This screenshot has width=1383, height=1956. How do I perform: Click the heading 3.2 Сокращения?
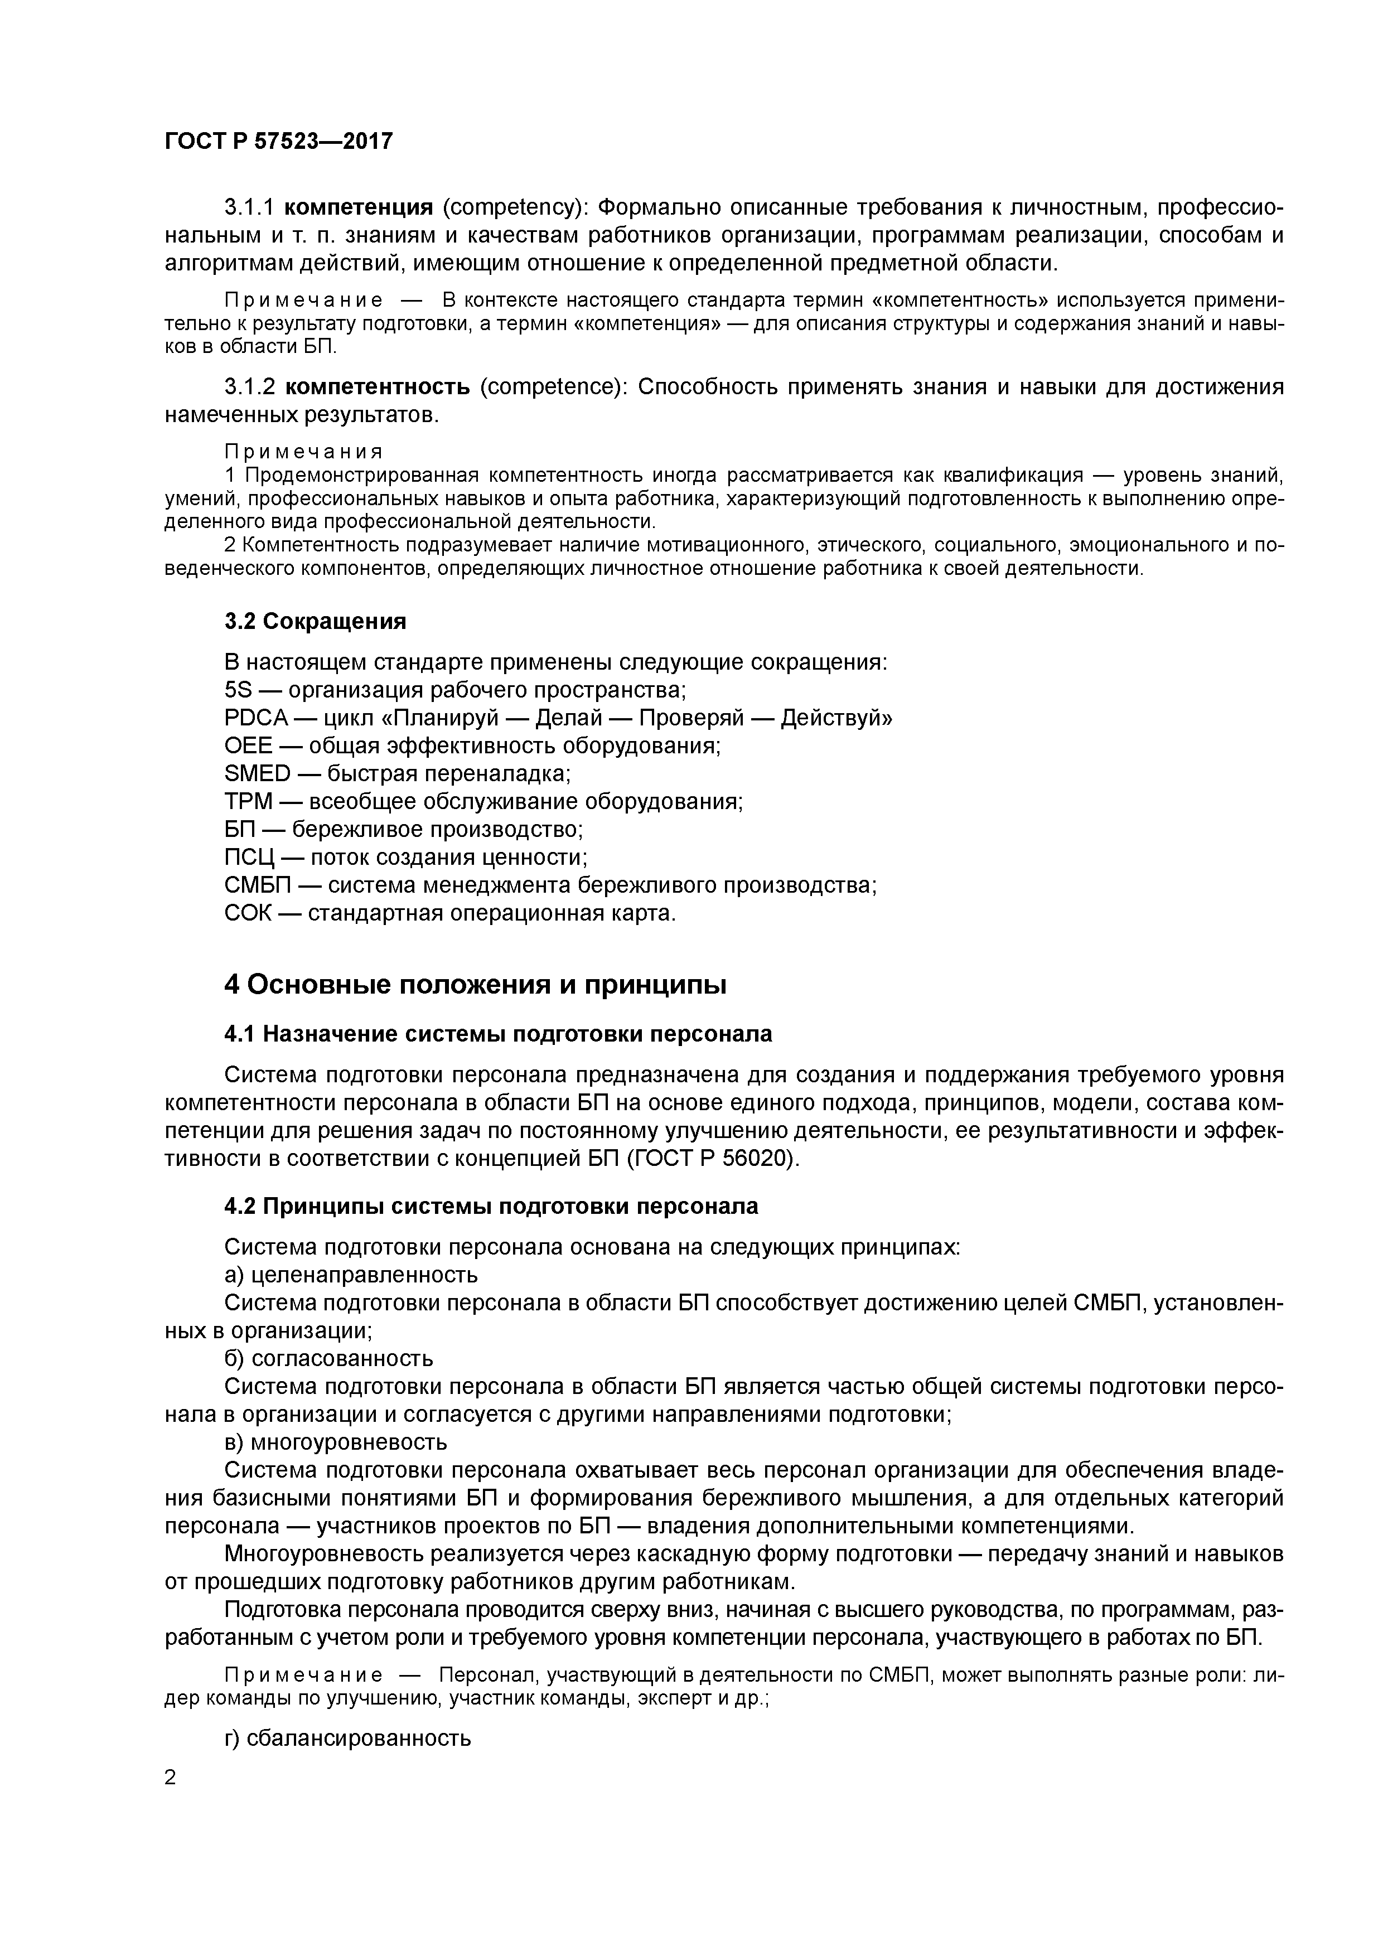tap(315, 621)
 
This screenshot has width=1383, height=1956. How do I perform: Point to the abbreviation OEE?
tap(248, 745)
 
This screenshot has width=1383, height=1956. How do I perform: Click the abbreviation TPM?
tap(248, 802)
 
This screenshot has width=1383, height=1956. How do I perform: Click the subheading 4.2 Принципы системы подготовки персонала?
tap(491, 1206)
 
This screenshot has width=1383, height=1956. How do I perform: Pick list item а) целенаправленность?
tap(351, 1275)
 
